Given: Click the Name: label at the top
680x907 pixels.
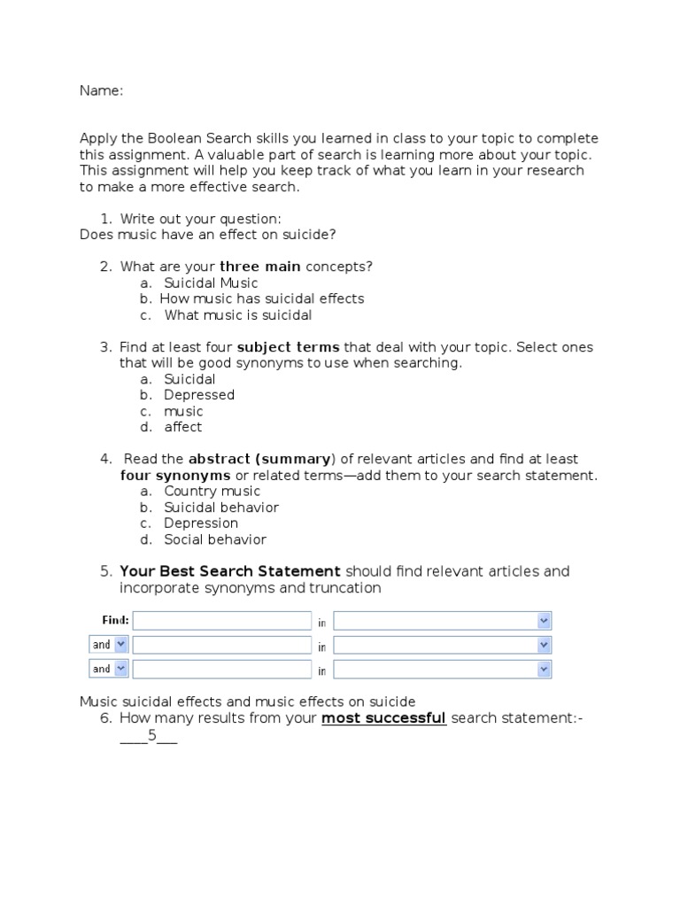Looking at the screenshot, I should tap(101, 90).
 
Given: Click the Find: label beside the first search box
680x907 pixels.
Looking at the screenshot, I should tap(115, 620).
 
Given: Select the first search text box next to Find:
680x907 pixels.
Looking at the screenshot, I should tap(221, 621).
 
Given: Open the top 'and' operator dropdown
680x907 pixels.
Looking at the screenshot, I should tap(109, 645).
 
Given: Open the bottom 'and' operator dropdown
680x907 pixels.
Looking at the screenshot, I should tap(109, 669).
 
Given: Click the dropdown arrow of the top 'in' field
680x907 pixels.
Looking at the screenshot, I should tap(544, 621).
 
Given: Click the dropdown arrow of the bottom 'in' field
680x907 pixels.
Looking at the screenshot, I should tap(544, 670).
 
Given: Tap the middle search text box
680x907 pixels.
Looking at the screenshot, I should tap(221, 645).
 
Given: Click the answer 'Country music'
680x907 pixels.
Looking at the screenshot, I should tap(212, 492).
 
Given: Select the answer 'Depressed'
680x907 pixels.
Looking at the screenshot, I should tap(199, 395).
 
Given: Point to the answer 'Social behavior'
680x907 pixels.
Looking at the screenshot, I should tap(215, 539).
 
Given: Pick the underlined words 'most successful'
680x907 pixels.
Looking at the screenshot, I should tap(383, 718).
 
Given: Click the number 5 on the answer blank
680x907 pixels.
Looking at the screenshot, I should tap(151, 735).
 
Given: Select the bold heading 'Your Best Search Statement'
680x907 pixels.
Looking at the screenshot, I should tap(230, 571).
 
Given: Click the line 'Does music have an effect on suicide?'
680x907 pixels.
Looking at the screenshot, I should tap(208, 235).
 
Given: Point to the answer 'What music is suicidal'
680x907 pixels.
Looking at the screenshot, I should tap(238, 315).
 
